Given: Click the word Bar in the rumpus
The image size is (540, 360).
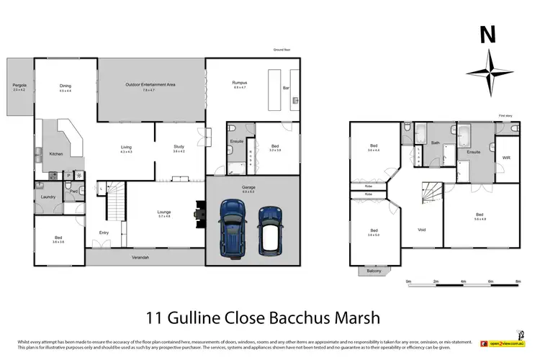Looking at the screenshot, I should pyautogui.click(x=285, y=88).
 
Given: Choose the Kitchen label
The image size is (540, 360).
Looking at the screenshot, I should pyautogui.click(x=55, y=154).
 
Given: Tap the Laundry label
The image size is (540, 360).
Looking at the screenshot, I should pyautogui.click(x=48, y=197).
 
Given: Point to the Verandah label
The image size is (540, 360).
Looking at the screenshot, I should pyautogui.click(x=140, y=258).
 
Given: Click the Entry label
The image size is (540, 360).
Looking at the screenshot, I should pyautogui.click(x=104, y=232).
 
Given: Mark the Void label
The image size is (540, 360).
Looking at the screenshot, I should pyautogui.click(x=422, y=230).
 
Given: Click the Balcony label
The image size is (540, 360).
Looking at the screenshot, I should pyautogui.click(x=373, y=271).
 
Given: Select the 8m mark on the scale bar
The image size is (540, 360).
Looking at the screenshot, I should pyautogui.click(x=518, y=282).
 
